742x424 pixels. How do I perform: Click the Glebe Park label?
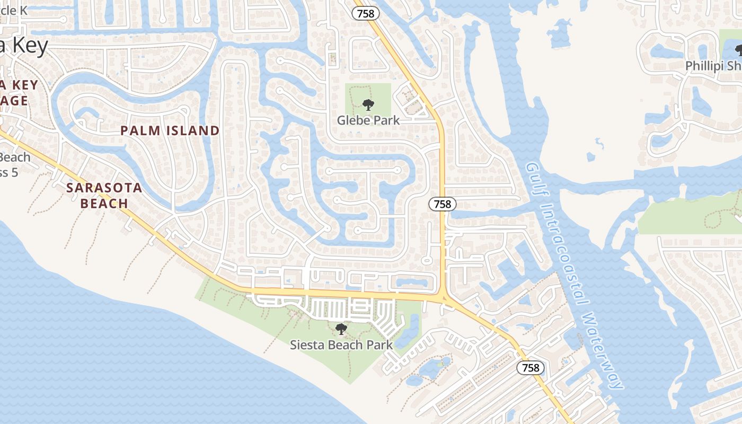pyautogui.click(x=368, y=120)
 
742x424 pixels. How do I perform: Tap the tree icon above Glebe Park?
pyautogui.click(x=368, y=104)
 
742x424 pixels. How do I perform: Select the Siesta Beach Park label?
pyautogui.click(x=341, y=345)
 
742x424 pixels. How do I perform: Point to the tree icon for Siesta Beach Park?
pyautogui.click(x=341, y=329)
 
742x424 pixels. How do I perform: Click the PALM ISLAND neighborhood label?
pyautogui.click(x=170, y=130)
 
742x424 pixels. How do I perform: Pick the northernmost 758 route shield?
pyautogui.click(x=366, y=14)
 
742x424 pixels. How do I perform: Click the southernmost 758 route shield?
pyautogui.click(x=530, y=368)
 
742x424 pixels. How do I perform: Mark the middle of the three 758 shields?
pyautogui.click(x=442, y=204)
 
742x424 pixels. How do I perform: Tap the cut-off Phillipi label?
pyautogui.click(x=713, y=66)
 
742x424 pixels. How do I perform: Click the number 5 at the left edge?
pyautogui.click(x=14, y=172)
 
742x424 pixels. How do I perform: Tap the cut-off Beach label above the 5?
pyautogui.click(x=15, y=157)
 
